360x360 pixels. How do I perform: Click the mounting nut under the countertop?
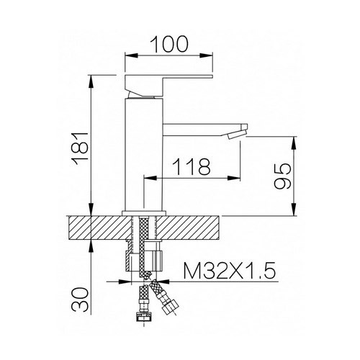click(146, 258)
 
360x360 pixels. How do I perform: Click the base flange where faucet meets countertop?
click(146, 212)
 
